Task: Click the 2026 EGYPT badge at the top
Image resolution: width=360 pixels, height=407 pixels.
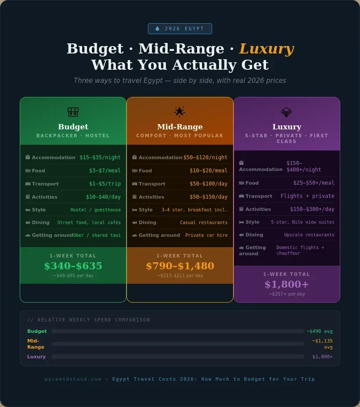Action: click(x=180, y=29)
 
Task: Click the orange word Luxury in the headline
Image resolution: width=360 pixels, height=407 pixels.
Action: click(x=266, y=49)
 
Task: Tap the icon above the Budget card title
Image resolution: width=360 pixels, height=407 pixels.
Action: click(x=73, y=112)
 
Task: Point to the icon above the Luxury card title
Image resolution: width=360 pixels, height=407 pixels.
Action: click(x=287, y=112)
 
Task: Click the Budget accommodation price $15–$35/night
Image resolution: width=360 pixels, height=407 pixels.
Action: click(x=100, y=157)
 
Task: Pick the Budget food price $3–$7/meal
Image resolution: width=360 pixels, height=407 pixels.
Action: click(x=105, y=171)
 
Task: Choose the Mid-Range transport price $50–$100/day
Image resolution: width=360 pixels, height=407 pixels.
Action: click(x=209, y=184)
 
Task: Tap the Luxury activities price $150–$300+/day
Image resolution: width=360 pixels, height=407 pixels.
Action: click(x=312, y=209)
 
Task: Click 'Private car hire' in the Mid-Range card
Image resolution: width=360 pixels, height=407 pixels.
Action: click(x=206, y=235)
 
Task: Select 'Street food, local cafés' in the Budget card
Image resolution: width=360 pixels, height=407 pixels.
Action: click(x=89, y=222)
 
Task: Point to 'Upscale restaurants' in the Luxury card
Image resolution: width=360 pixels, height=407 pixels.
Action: click(x=309, y=235)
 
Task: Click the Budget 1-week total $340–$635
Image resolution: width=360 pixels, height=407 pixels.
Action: click(x=73, y=266)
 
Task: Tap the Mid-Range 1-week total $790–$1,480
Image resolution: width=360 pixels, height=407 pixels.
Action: click(x=180, y=266)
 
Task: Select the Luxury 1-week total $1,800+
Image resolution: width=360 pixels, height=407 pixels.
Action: click(x=287, y=284)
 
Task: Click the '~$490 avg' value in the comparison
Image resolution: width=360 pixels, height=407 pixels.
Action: click(x=320, y=332)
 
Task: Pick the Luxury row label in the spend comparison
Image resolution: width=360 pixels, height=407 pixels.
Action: click(x=36, y=357)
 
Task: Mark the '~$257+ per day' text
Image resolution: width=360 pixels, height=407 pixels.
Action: click(x=287, y=294)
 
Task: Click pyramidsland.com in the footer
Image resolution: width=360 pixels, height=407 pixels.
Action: click(x=73, y=379)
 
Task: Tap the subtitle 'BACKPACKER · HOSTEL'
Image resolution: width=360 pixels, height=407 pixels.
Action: click(x=73, y=136)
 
